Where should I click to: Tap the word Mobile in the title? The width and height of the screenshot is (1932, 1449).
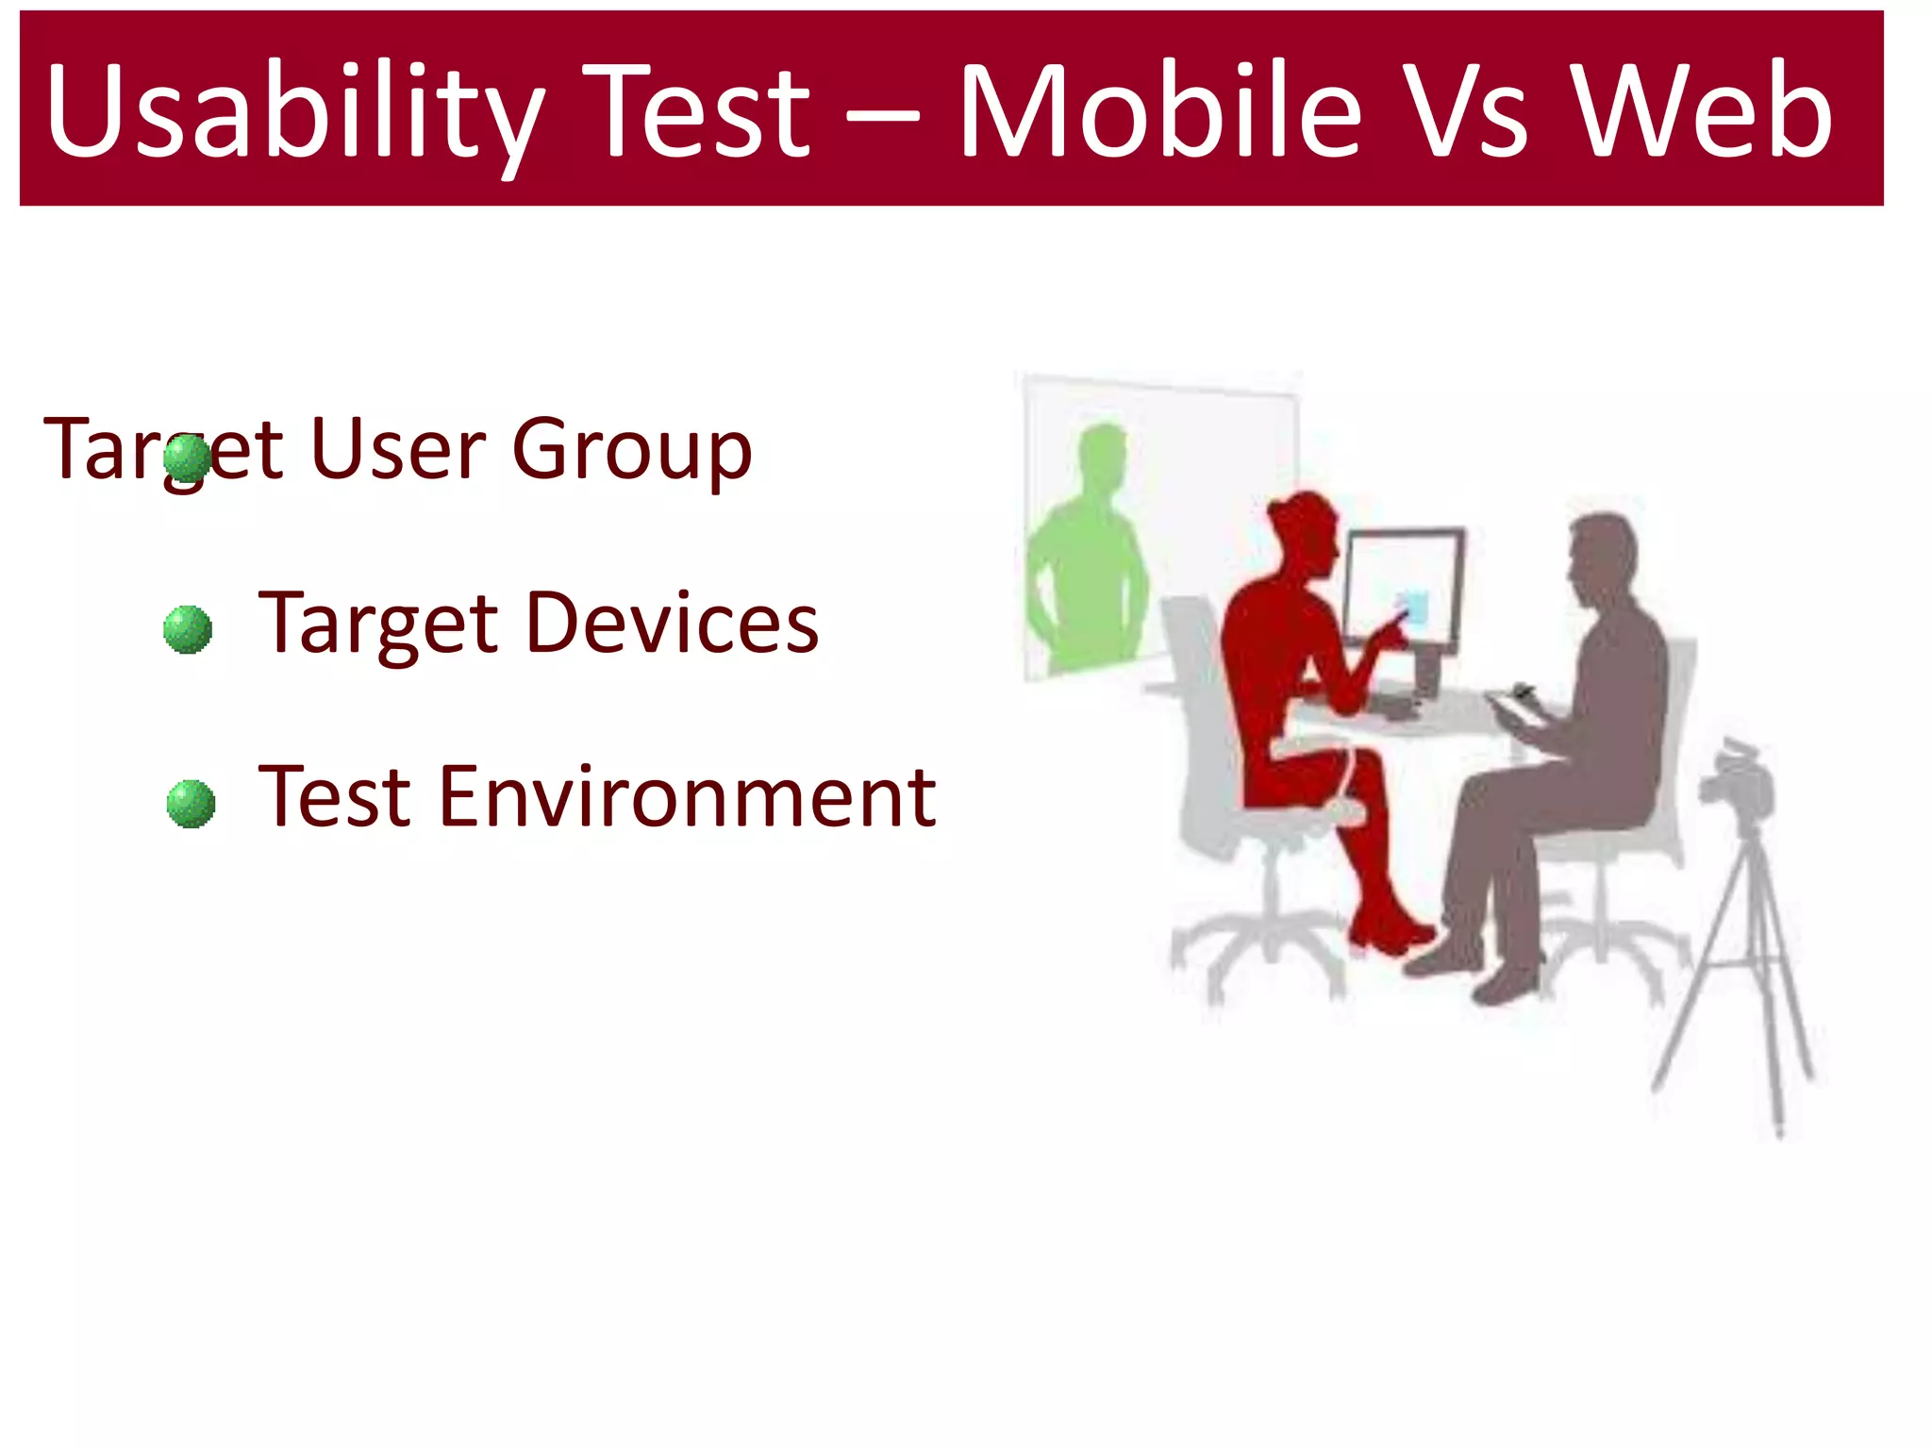[1160, 111]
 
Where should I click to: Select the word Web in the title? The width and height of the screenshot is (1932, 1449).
[1703, 111]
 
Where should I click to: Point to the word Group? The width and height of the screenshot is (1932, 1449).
[631, 451]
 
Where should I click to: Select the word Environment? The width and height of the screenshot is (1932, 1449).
[688, 797]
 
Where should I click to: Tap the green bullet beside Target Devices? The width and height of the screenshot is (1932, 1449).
[188, 629]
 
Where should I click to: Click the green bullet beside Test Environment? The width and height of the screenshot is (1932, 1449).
[191, 804]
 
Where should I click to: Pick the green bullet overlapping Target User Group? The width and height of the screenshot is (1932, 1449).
[187, 458]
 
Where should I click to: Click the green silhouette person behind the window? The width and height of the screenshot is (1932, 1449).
[1090, 557]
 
